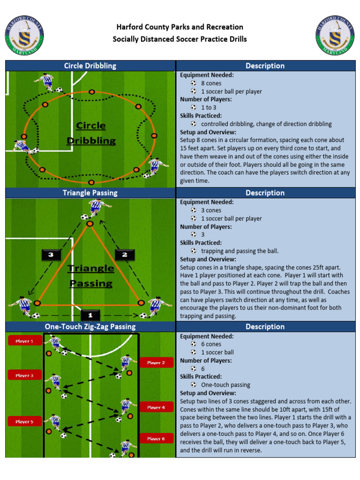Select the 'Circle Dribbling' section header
click(x=90, y=66)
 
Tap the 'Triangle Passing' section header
click(x=90, y=193)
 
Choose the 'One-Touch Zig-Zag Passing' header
click(x=90, y=326)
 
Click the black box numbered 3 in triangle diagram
click(x=51, y=255)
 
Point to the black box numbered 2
click(x=125, y=255)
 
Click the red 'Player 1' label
click(x=24, y=341)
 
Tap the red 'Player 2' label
click(x=156, y=362)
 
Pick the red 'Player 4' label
click(x=156, y=407)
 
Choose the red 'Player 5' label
click(x=24, y=421)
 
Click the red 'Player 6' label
click(x=156, y=439)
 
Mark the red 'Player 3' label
click(x=24, y=375)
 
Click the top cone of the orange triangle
click(x=90, y=224)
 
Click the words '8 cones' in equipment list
click(x=211, y=83)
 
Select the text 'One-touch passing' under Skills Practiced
click(x=225, y=385)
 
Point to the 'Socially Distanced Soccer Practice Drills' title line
click(x=180, y=39)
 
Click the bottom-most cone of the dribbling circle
click(x=91, y=182)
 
